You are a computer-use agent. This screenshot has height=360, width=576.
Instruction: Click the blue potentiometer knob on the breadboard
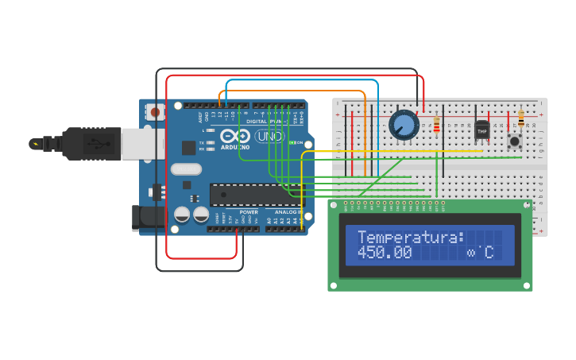[404, 125]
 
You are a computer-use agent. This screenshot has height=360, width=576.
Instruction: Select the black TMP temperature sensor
[481, 129]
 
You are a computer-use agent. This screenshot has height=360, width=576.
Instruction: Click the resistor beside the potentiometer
[436, 125]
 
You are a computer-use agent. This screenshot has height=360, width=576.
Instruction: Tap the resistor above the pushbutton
[521, 118]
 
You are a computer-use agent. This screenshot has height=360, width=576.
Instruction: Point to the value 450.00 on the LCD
[385, 254]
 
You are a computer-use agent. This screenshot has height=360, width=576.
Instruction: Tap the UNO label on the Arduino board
[269, 136]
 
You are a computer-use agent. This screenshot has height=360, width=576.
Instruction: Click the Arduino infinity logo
[240, 135]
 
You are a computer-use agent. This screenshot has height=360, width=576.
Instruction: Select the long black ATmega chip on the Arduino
[256, 195]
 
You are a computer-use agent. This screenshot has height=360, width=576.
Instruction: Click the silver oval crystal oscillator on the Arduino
[186, 168]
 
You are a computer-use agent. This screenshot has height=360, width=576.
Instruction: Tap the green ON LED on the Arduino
[292, 142]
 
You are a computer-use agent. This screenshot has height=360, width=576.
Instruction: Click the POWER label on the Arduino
[249, 212]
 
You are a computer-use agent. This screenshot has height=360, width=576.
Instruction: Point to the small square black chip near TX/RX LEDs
[188, 147]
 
